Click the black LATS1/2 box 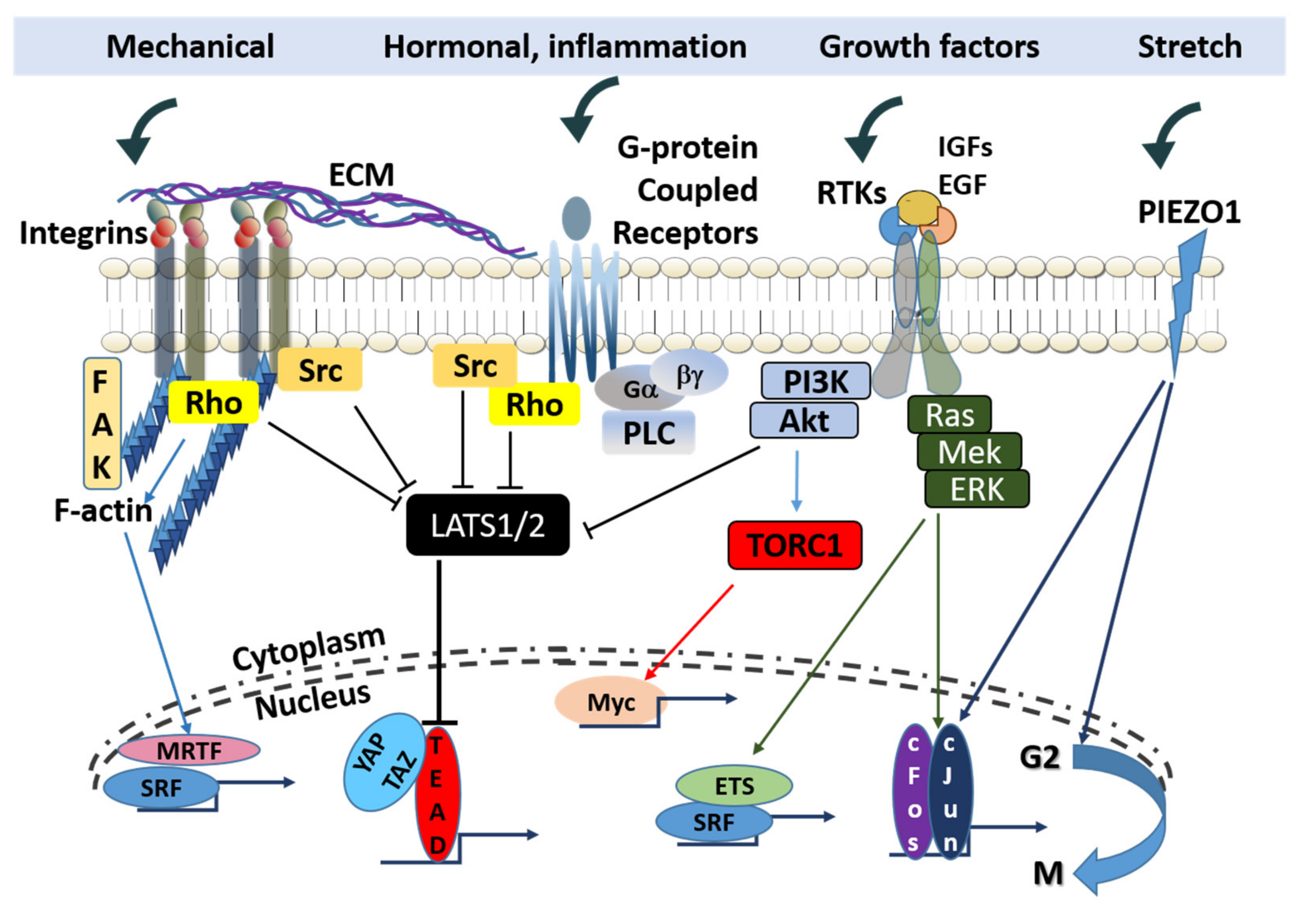tap(487, 525)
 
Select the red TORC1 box tap(794, 545)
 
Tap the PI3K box tap(816, 381)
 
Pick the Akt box tap(804, 421)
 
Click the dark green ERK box tap(977, 489)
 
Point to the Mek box tap(969, 452)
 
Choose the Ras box tap(949, 415)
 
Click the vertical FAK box tap(102, 423)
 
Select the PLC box tap(649, 433)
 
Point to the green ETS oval tap(734, 786)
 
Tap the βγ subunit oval tap(689, 374)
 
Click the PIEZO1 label tap(1190, 212)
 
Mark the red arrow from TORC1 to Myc tap(689, 632)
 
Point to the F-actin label tap(103, 510)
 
